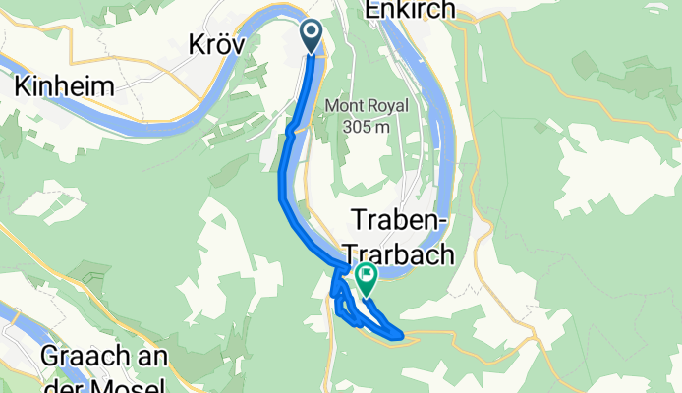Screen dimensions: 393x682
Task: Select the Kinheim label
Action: [64, 86]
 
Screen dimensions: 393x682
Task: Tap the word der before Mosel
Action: [60, 384]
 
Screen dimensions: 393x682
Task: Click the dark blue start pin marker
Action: [313, 35]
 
